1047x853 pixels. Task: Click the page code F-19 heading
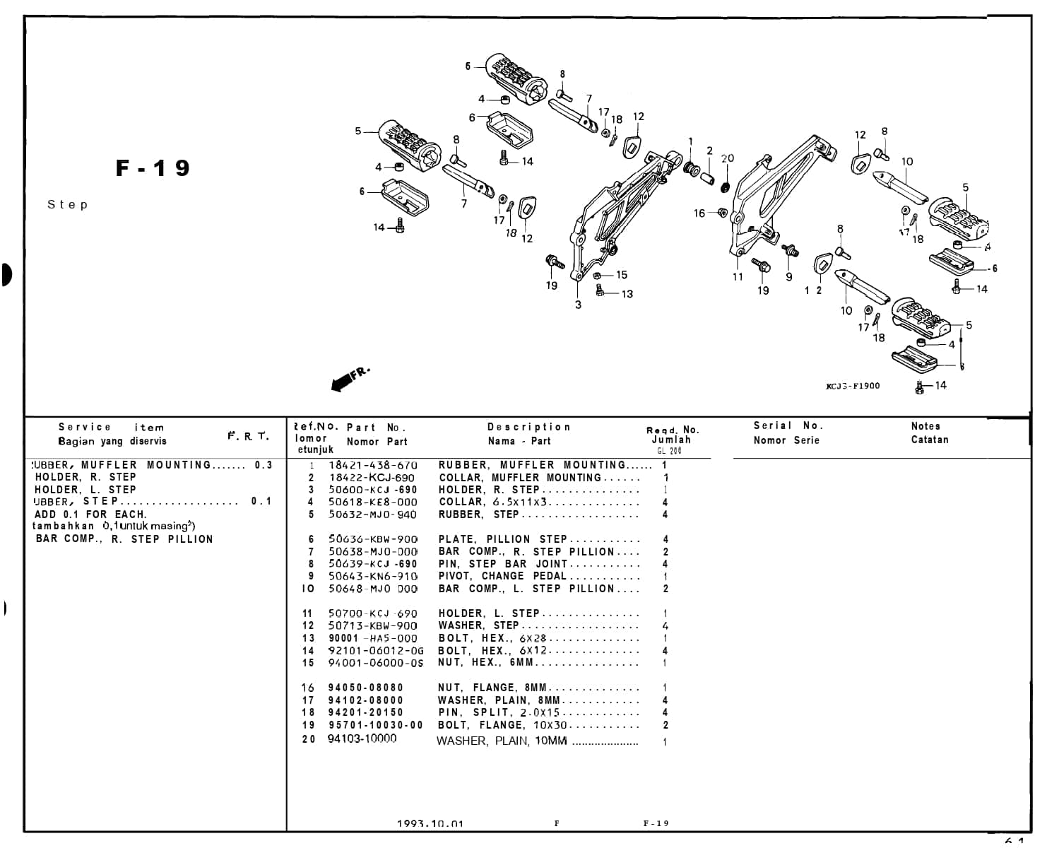pos(153,168)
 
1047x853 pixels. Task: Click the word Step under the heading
pos(68,205)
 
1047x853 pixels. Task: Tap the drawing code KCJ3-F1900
pos(853,386)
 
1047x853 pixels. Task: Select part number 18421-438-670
pos(372,465)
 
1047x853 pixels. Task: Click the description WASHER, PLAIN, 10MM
pos(502,741)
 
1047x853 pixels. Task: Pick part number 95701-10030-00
pos(375,725)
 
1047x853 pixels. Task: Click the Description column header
pos(528,427)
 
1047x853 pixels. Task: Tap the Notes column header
pos(925,426)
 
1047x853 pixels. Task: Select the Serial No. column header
pos(788,425)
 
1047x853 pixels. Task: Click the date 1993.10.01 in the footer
pos(430,823)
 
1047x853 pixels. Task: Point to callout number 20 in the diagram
pos(728,159)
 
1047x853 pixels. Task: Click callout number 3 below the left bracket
pos(578,305)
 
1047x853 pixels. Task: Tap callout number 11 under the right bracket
pos(738,277)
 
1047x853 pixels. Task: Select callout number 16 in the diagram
pos(699,213)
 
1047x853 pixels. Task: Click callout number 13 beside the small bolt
pos(627,294)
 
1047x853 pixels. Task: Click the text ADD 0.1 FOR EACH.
pos(90,514)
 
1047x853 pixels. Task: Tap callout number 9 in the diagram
pos(789,277)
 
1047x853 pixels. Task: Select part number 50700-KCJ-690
pos(372,613)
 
